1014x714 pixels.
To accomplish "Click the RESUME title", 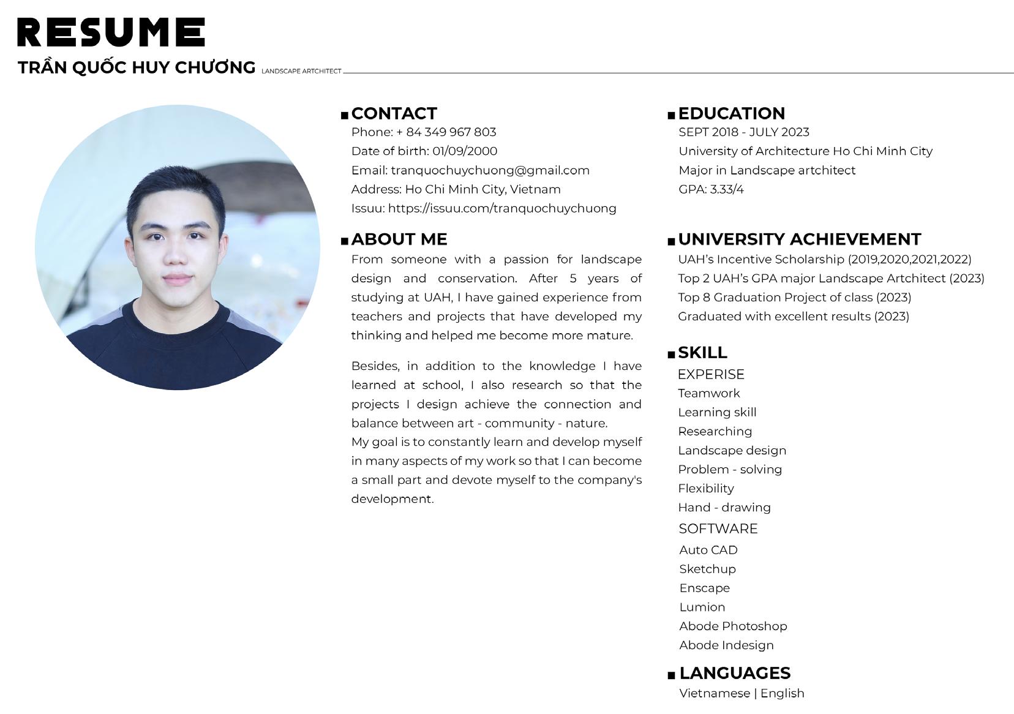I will pyautogui.click(x=111, y=32).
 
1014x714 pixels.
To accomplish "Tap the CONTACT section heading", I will pyautogui.click(x=394, y=113).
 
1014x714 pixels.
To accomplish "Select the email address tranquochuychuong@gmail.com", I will pyautogui.click(x=490, y=170).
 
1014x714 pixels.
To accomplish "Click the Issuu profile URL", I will pyautogui.click(x=502, y=208).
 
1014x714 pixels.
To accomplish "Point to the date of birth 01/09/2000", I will pyautogui.click(x=465, y=151).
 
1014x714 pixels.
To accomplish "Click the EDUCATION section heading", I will pyautogui.click(x=731, y=113).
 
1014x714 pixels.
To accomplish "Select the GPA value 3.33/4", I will pyautogui.click(x=727, y=189).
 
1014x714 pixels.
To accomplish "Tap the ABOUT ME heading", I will pyautogui.click(x=399, y=239).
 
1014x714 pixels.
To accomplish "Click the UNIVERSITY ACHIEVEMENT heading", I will pyautogui.click(x=799, y=239).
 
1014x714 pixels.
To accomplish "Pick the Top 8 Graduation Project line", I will pyautogui.click(x=794, y=298).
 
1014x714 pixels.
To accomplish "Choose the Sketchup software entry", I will pyautogui.click(x=707, y=569).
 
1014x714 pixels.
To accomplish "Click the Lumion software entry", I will pyautogui.click(x=702, y=607).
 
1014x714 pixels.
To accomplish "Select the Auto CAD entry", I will pyautogui.click(x=708, y=550).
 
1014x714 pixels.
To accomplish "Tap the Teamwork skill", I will pyautogui.click(x=708, y=393).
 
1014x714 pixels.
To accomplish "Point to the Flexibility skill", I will pyautogui.click(x=705, y=489).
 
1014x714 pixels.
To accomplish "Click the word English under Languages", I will pyautogui.click(x=782, y=693).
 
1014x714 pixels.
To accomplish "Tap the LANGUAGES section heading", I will pyautogui.click(x=735, y=673).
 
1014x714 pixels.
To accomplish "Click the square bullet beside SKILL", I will pyautogui.click(x=671, y=355).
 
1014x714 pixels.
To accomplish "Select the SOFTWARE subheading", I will pyautogui.click(x=718, y=528).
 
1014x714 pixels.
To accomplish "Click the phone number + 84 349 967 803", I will pyautogui.click(x=446, y=132).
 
